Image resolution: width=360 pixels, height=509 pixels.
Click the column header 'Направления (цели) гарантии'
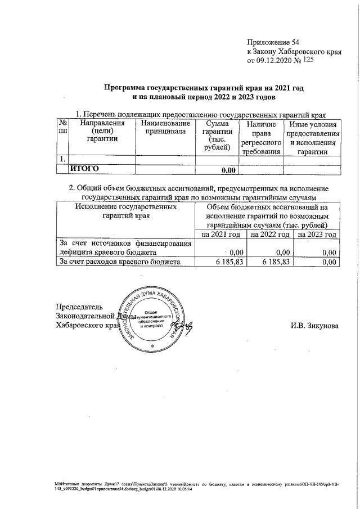[102, 131]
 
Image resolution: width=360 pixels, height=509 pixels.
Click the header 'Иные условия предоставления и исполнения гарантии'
[312, 137]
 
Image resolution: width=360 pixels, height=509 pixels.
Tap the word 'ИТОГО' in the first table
[84, 168]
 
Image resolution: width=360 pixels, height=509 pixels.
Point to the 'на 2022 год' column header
[269, 234]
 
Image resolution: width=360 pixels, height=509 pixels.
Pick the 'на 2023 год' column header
[318, 234]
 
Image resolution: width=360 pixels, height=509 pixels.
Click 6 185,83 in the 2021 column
[228, 262]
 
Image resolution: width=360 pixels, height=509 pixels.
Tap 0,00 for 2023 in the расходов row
[329, 262]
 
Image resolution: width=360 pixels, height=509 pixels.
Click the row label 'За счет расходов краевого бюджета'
[120, 262]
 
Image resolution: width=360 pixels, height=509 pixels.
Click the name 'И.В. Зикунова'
[315, 326]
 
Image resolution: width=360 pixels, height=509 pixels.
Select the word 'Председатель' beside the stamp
[79, 307]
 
